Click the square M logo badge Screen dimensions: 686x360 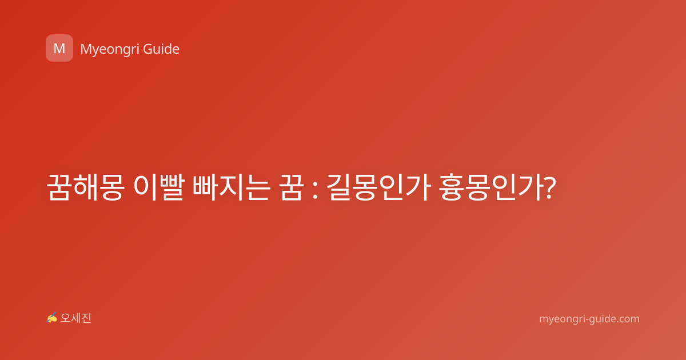click(x=59, y=48)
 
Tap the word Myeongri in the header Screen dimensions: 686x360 click(x=109, y=50)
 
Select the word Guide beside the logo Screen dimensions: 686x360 click(x=161, y=49)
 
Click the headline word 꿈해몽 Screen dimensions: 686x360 click(x=86, y=187)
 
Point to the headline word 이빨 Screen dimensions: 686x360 click(x=159, y=187)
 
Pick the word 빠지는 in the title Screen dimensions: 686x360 click(x=232, y=187)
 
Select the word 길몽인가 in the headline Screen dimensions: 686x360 click(x=379, y=187)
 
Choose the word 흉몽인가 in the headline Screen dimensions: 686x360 click(x=491, y=187)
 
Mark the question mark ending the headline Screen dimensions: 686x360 click(x=549, y=188)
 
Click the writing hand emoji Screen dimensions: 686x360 click(x=51, y=318)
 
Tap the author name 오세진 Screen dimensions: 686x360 click(x=75, y=318)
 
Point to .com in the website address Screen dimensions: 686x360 click(x=628, y=319)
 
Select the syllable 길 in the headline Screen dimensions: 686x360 click(x=338, y=187)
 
